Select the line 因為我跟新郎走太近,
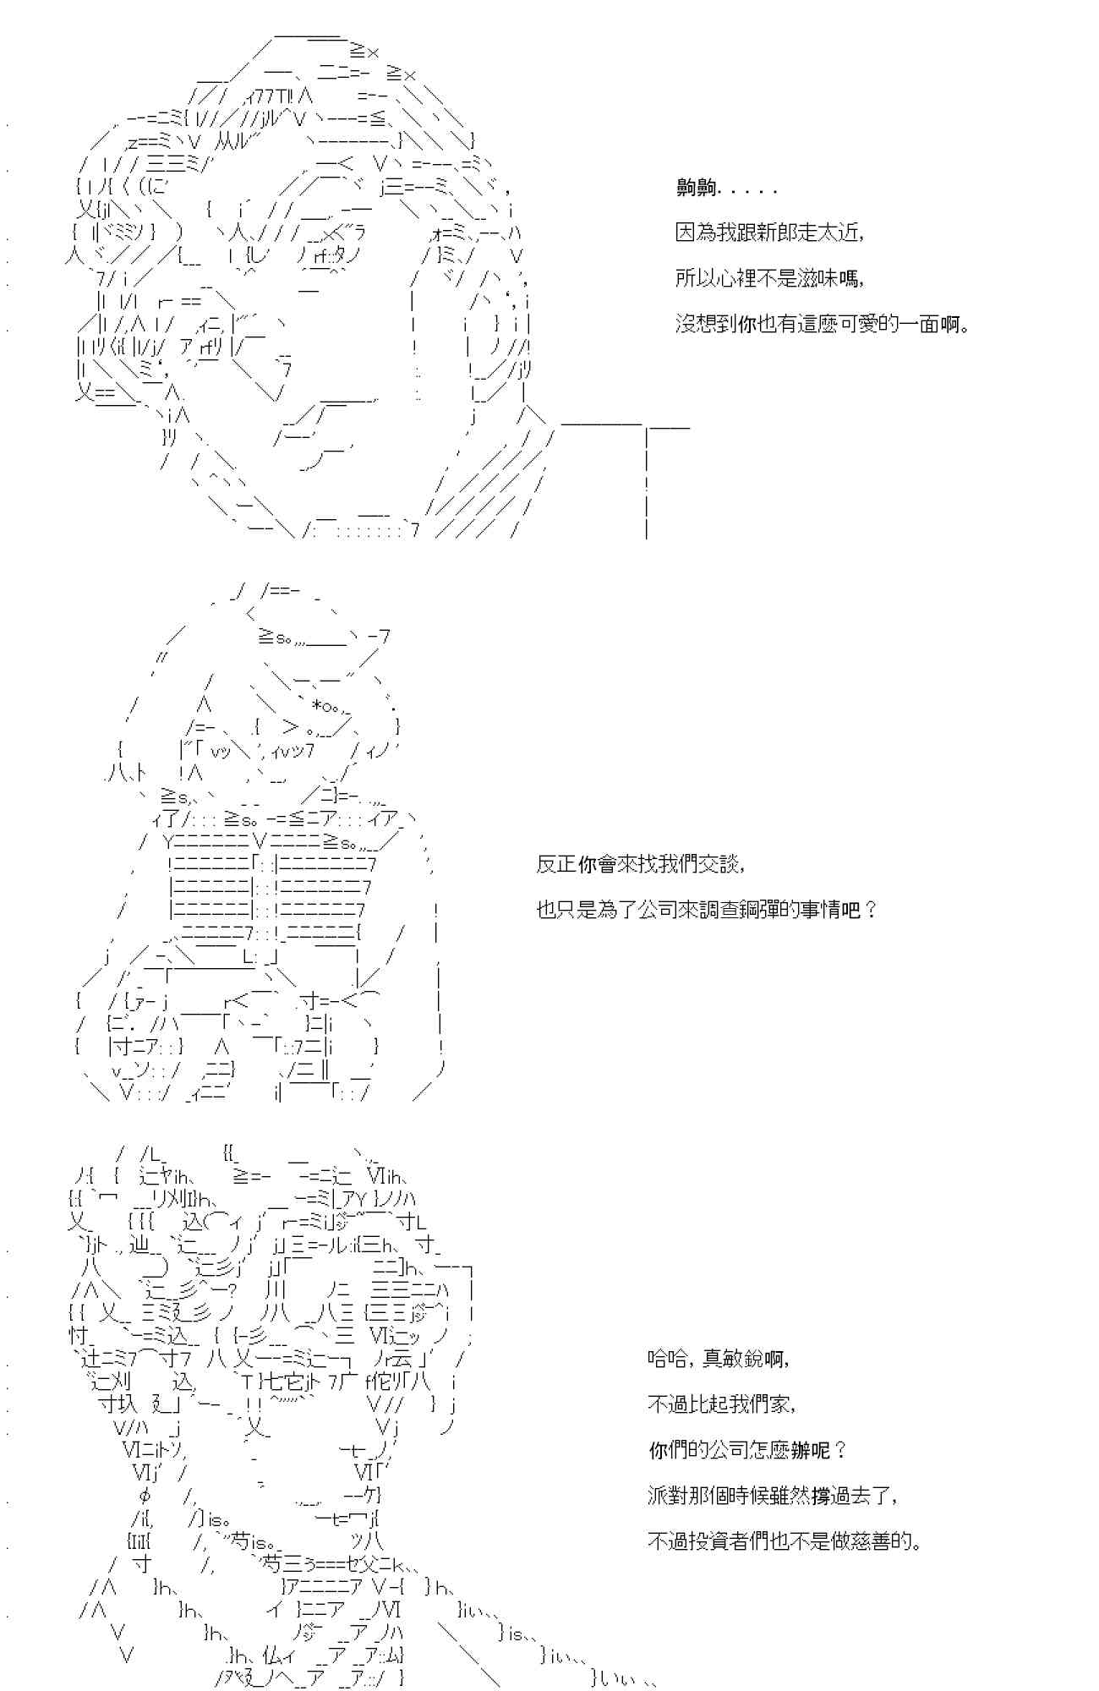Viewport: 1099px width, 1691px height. pos(769,233)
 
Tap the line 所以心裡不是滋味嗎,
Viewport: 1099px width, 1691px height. pos(769,278)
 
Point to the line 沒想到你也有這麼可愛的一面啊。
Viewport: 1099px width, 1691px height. pos(822,323)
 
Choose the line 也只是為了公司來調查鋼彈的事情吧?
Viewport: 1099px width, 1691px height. pos(707,910)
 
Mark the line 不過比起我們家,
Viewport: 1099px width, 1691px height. pos(721,1404)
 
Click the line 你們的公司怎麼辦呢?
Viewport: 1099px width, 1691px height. pos(746,1450)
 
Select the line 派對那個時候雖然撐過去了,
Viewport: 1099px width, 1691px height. pos(772,1495)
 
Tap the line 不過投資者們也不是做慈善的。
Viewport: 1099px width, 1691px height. pos(784,1541)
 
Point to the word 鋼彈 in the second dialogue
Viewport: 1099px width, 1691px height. pos(777,910)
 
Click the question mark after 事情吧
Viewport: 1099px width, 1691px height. pos(872,910)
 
